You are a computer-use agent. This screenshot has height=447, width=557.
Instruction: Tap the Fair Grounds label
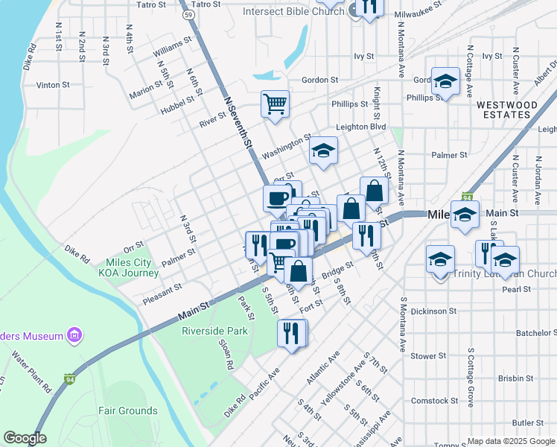pyautogui.click(x=130, y=410)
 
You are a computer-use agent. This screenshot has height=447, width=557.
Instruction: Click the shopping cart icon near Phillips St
pyautogui.click(x=275, y=104)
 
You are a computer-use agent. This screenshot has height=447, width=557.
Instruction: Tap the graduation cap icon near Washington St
pyautogui.click(x=323, y=152)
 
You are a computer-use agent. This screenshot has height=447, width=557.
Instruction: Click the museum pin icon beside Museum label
pyautogui.click(x=74, y=336)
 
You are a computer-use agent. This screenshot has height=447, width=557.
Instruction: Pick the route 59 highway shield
pyautogui.click(x=190, y=14)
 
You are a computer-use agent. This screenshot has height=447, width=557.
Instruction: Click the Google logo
pyautogui.click(x=25, y=438)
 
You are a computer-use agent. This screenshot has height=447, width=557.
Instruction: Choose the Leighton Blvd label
pyautogui.click(x=361, y=127)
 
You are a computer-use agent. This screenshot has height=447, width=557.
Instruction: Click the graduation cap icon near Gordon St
pyautogui.click(x=446, y=83)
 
